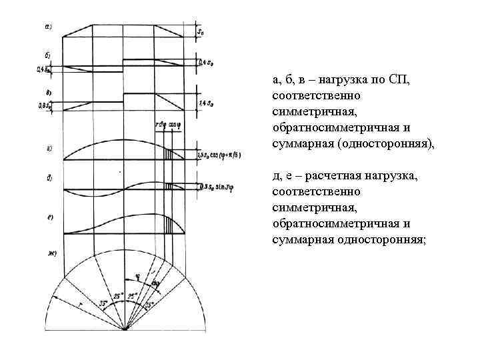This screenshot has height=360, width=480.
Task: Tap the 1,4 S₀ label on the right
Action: click(206, 103)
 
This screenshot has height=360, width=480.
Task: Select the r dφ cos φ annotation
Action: click(167, 125)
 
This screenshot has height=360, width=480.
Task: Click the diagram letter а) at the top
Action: click(49, 27)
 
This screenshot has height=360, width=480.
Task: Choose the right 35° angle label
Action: click(151, 304)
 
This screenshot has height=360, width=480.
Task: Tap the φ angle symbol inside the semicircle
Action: click(137, 274)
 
